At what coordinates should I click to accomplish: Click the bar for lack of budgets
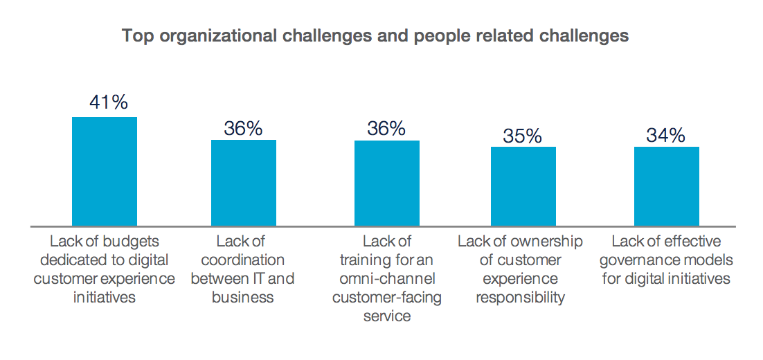(x=105, y=172)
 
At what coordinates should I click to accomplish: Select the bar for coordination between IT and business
(x=244, y=183)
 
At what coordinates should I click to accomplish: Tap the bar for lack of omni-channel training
(x=387, y=183)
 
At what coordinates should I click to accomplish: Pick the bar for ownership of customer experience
(x=523, y=186)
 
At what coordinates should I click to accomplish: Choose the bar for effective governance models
(x=667, y=186)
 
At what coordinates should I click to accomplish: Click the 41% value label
(x=109, y=102)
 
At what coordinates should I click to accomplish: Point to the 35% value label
(x=523, y=136)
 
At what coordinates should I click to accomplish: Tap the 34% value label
(x=666, y=136)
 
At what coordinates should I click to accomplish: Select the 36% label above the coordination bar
(x=243, y=129)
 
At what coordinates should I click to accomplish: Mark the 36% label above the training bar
(x=386, y=129)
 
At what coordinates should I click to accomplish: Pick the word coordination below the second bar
(x=243, y=260)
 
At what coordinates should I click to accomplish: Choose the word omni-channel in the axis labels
(x=387, y=279)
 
